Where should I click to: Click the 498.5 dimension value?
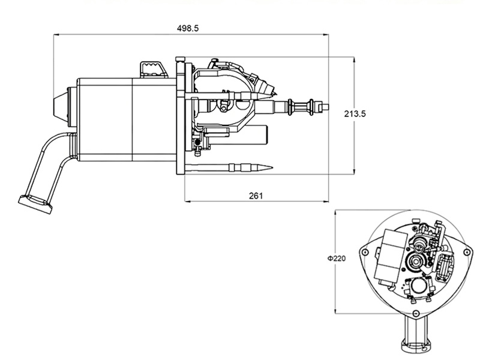tap(188, 28)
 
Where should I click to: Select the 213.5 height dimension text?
tap(355, 114)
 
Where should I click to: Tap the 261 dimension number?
tap(256, 196)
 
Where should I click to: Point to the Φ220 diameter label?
tap(337, 259)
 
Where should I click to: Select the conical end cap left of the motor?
tap(61, 106)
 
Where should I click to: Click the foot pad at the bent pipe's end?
tap(35, 204)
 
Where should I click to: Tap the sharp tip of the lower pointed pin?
tap(272, 167)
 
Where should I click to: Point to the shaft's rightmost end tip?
tap(328, 107)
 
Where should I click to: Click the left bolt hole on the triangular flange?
tap(365, 252)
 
